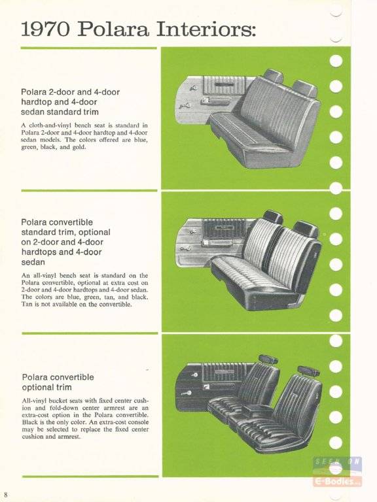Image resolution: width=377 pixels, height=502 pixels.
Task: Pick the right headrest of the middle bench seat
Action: coord(306,228)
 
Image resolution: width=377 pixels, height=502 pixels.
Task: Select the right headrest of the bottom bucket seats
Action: coord(308,380)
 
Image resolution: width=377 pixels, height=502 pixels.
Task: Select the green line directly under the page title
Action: coord(88,48)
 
